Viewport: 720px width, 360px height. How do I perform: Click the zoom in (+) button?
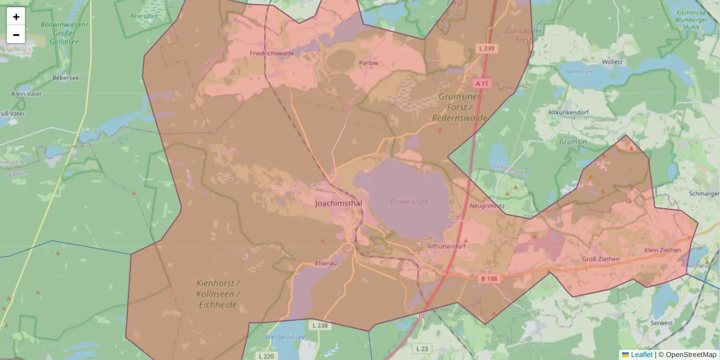tap(16, 17)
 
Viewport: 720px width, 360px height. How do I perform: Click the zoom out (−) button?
tap(16, 35)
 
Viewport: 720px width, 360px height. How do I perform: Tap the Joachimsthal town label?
tap(339, 203)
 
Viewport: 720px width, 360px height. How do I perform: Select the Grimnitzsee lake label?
tap(409, 202)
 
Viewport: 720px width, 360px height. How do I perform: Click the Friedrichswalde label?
tap(272, 53)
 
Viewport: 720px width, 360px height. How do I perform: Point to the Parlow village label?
tap(368, 63)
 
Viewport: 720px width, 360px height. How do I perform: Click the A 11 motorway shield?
tap(482, 83)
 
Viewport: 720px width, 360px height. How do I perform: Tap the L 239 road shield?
tap(487, 48)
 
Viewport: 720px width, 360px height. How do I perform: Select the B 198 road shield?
tap(490, 278)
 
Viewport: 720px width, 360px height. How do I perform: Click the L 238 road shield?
tap(320, 325)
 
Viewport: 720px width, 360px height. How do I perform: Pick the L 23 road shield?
tap(422, 348)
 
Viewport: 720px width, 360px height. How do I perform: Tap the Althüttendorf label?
tap(446, 246)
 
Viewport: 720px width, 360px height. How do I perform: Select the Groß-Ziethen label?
tap(601, 259)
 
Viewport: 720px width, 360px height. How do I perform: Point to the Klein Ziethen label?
tap(662, 250)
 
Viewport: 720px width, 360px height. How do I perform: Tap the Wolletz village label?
tap(612, 62)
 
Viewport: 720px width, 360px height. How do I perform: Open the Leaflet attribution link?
tap(641, 355)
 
